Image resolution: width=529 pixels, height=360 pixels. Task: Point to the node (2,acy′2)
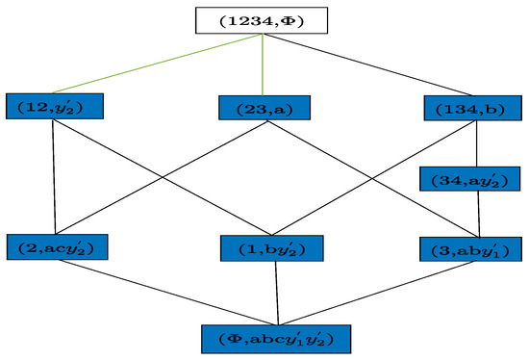click(x=56, y=246)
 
